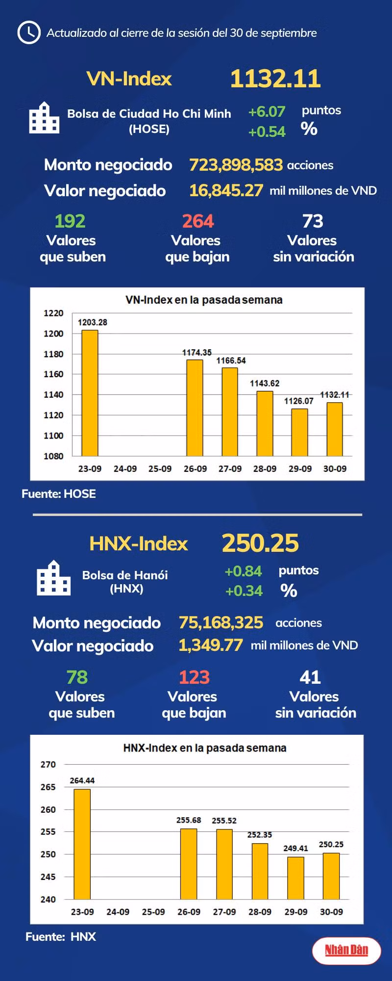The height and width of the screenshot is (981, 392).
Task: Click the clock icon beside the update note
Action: pyautogui.click(x=28, y=32)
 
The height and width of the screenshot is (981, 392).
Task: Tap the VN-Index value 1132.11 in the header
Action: pyautogui.click(x=275, y=78)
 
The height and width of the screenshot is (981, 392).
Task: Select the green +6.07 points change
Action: pyautogui.click(x=267, y=112)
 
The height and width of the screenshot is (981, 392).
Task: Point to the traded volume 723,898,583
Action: pyautogui.click(x=236, y=165)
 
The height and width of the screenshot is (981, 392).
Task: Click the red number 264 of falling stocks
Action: pyautogui.click(x=198, y=221)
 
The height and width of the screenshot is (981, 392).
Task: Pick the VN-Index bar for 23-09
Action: pyautogui.click(x=90, y=393)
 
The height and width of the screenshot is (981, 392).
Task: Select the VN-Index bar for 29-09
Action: pyautogui.click(x=300, y=432)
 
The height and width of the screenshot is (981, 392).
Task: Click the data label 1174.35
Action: pyautogui.click(x=197, y=352)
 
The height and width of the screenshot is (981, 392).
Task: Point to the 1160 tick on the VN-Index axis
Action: pyautogui.click(x=53, y=374)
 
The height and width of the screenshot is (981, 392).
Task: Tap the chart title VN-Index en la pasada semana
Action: pyautogui.click(x=204, y=300)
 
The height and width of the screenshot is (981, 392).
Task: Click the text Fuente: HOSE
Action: pyautogui.click(x=59, y=494)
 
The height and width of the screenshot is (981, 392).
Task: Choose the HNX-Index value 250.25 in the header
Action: pyautogui.click(x=260, y=543)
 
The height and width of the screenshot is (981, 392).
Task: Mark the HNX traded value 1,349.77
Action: pyautogui.click(x=211, y=645)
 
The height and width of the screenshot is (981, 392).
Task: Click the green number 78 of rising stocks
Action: pyautogui.click(x=77, y=677)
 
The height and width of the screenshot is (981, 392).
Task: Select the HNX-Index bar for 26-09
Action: pyautogui.click(x=189, y=864)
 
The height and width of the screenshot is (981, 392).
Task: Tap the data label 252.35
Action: pyautogui.click(x=260, y=835)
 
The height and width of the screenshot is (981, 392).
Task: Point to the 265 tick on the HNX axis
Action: pyautogui.click(x=48, y=787)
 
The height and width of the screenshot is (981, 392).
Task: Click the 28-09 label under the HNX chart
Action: pyautogui.click(x=260, y=912)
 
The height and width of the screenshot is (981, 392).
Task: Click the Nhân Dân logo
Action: pyautogui.click(x=346, y=950)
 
